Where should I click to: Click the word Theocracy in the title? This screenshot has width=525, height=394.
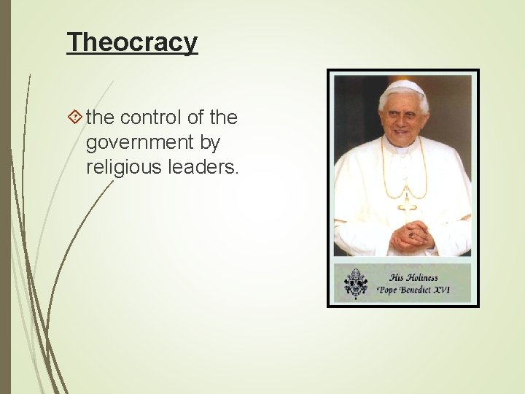[x=132, y=42]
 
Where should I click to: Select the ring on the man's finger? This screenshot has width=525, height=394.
[x=411, y=236]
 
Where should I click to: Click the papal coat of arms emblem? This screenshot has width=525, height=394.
[x=356, y=282]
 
